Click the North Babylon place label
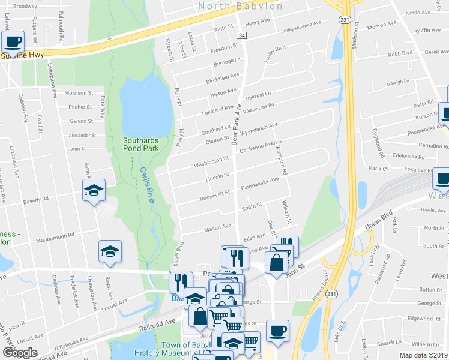coord(240,6)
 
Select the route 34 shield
coord(241,36)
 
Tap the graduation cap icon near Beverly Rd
coord(94,191)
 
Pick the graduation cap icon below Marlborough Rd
coord(110,251)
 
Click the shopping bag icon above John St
coord(276,263)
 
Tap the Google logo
coord(19,352)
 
